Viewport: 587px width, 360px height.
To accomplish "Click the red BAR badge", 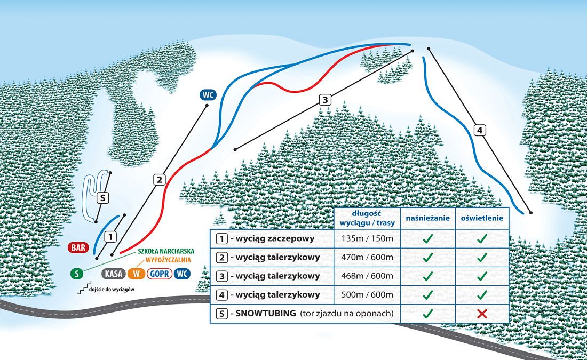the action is tap(78, 247).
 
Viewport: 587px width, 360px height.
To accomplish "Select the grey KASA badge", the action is tap(114, 274).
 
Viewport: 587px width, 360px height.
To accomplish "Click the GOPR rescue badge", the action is tap(160, 274).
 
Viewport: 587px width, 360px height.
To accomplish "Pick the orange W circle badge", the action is tap(136, 274).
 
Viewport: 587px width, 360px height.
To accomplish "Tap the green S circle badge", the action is tap(77, 274).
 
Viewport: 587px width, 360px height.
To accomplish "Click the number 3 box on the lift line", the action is tap(325, 100).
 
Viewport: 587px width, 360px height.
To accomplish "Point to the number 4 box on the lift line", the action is tap(480, 130).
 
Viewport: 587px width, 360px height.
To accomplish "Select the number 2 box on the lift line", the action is tap(159, 180).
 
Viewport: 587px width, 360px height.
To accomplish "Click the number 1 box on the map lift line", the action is tap(110, 236).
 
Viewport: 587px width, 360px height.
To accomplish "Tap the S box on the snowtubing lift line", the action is tap(102, 198).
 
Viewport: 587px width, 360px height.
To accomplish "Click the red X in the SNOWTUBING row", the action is tap(482, 314).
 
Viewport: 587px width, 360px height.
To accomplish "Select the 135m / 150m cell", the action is tap(367, 238).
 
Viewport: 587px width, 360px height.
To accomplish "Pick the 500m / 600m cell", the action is tap(367, 294).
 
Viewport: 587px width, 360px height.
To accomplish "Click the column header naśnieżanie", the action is tap(427, 218).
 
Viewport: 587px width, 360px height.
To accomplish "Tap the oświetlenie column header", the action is tap(482, 218).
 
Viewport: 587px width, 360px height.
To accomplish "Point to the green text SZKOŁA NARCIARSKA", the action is tap(166, 252).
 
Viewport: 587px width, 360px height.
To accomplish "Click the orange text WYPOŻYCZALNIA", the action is tap(168, 260).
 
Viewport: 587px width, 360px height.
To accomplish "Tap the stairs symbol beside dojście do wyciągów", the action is tap(83, 289).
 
